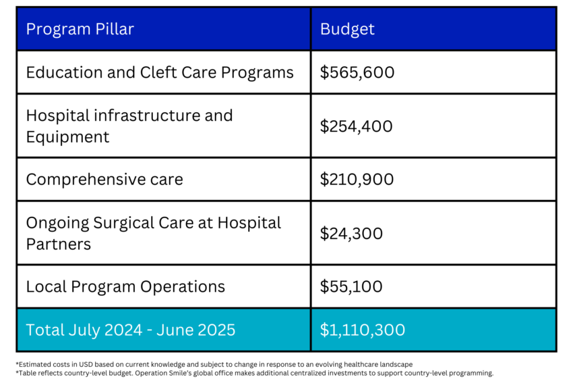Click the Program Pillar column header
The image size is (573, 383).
80,29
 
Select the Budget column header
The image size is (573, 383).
347,29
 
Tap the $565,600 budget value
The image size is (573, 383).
357,72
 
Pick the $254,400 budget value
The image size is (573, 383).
357,126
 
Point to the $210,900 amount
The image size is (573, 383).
357,180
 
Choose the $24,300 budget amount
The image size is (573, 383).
351,233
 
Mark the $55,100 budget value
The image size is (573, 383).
351,286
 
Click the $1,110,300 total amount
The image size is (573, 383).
363,330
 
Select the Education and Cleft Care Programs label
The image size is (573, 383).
160,72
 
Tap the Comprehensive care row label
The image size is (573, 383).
104,180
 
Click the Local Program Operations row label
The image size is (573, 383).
125,286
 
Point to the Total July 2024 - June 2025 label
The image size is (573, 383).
131,330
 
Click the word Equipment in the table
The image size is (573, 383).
67,136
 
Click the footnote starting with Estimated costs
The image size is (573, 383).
214,364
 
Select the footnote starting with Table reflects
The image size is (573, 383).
254,373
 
